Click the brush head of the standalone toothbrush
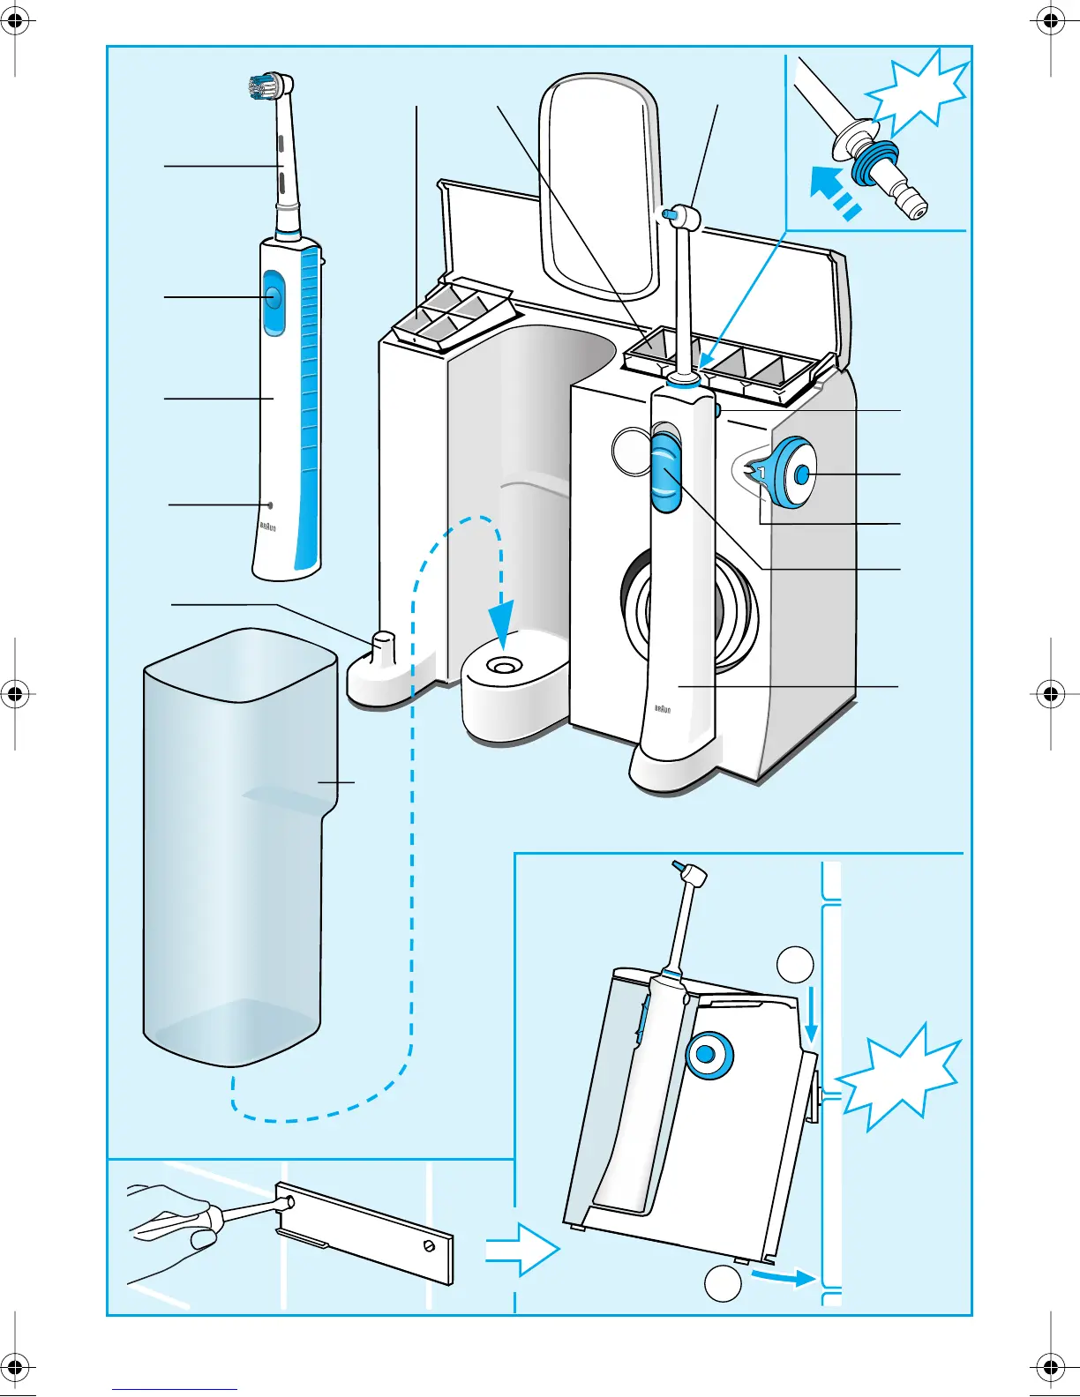click(x=267, y=86)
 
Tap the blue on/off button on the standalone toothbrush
click(x=272, y=297)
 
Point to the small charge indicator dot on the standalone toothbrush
click(x=271, y=505)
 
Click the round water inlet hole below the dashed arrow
click(x=504, y=668)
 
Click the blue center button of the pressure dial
click(x=801, y=474)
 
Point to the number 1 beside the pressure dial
click(x=761, y=474)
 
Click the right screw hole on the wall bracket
click(x=429, y=1245)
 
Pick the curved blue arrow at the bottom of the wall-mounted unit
click(x=783, y=1276)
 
